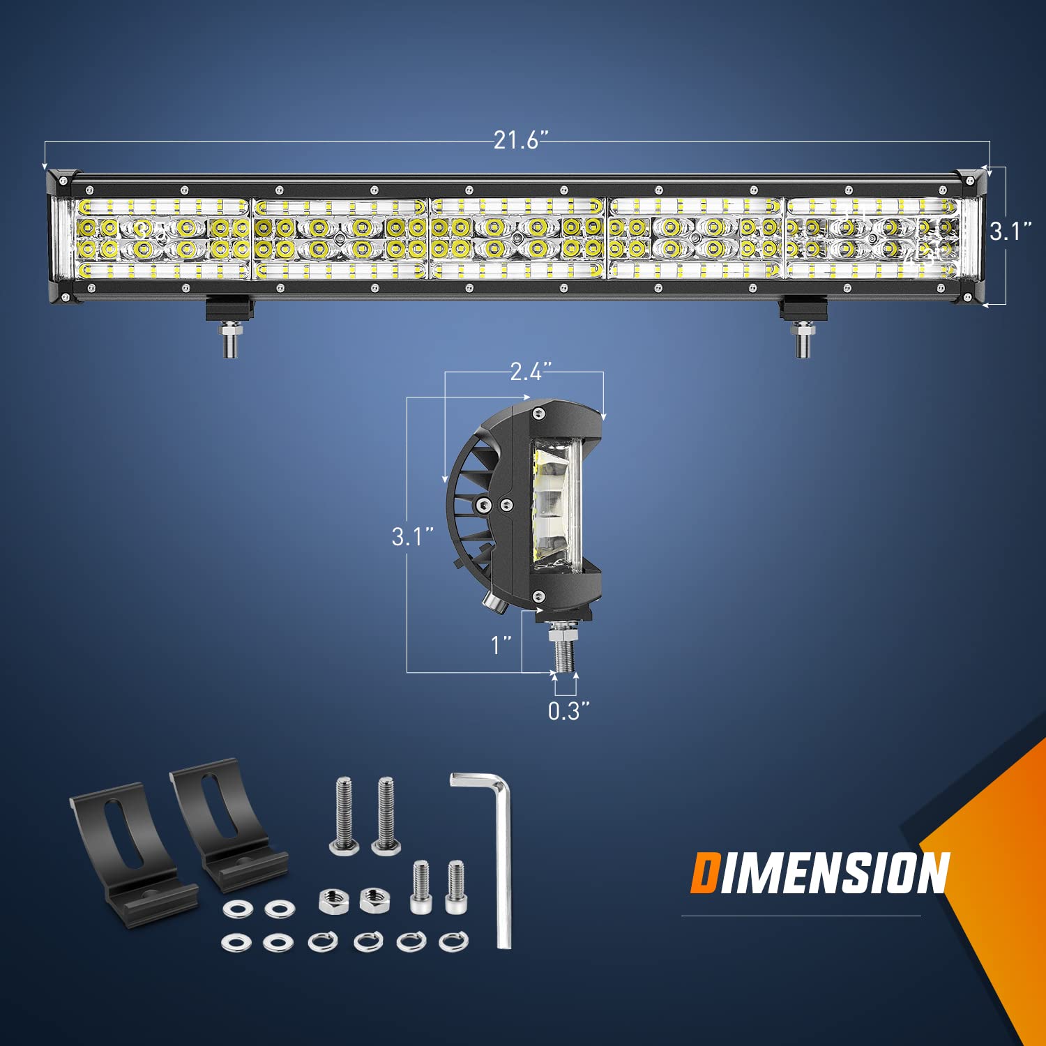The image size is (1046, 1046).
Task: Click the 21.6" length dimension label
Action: click(x=517, y=141)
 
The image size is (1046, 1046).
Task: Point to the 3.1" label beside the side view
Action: click(x=412, y=536)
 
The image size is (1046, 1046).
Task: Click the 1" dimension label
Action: click(x=501, y=645)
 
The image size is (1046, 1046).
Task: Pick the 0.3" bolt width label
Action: click(x=568, y=711)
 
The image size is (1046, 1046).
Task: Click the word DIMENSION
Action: click(x=820, y=873)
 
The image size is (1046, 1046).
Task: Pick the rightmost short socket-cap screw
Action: click(x=455, y=888)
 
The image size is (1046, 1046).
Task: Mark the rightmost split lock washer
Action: click(x=454, y=942)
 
